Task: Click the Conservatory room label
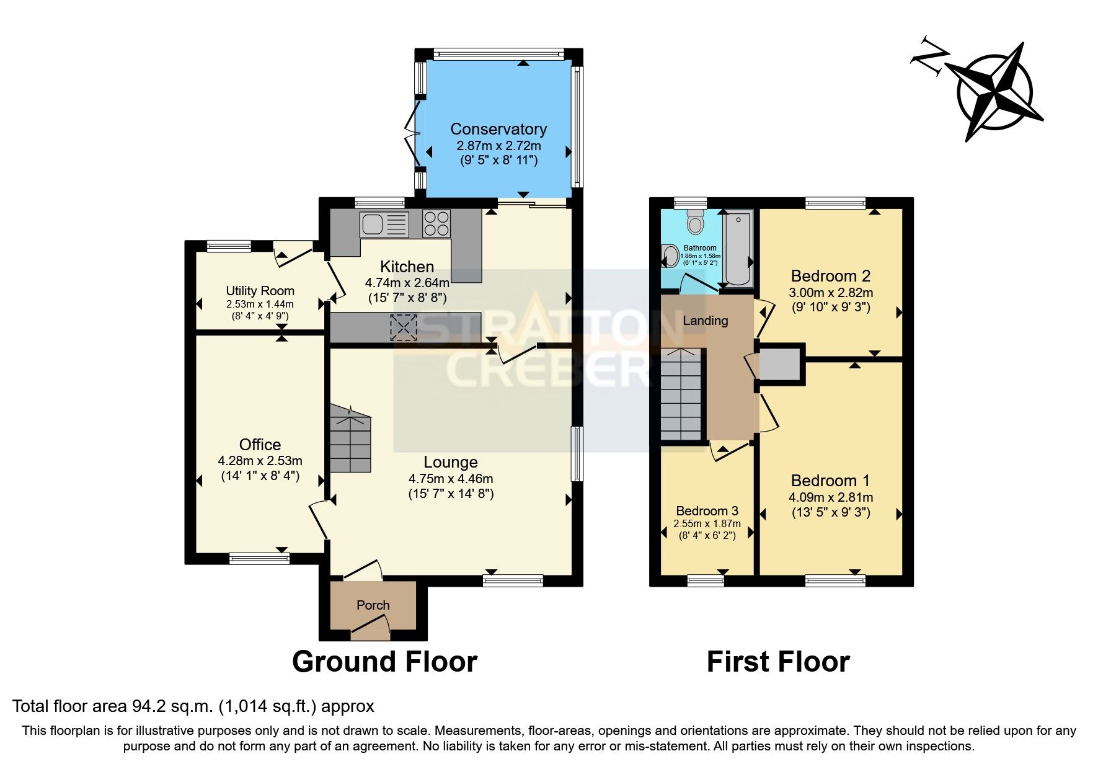point(498,129)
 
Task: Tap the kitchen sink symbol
point(384,224)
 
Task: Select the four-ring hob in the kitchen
point(436,224)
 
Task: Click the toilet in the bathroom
point(695,221)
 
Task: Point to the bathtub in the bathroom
point(738,248)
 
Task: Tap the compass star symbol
point(995,93)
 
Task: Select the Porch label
point(373,605)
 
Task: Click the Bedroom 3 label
point(707,511)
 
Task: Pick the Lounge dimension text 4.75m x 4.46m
point(451,479)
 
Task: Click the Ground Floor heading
point(384,662)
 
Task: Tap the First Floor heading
point(778,662)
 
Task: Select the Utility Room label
point(260,291)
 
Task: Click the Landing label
point(705,321)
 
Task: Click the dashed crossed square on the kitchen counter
point(404,327)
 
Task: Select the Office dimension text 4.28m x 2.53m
point(260,461)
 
